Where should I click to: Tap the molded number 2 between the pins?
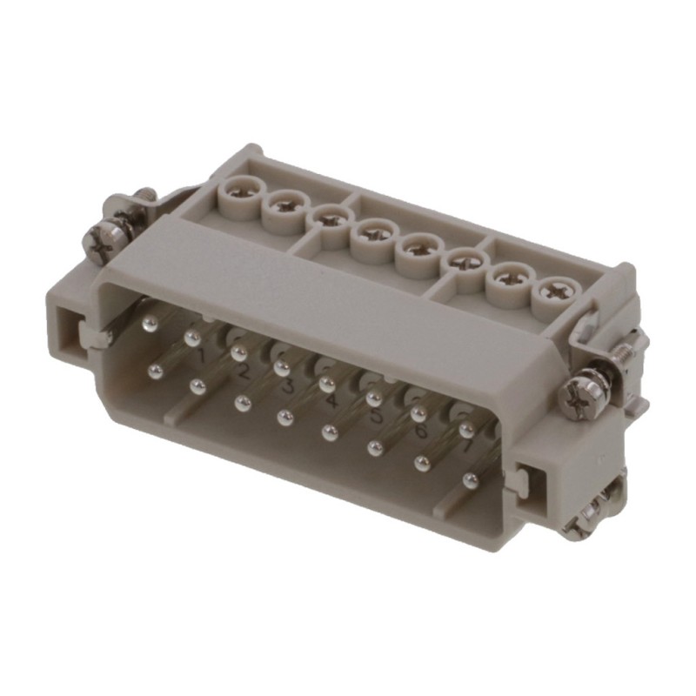coord(244,372)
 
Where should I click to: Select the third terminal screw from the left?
coord(329,218)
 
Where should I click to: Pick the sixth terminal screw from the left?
coord(461,263)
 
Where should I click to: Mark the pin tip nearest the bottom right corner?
coord(471,480)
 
